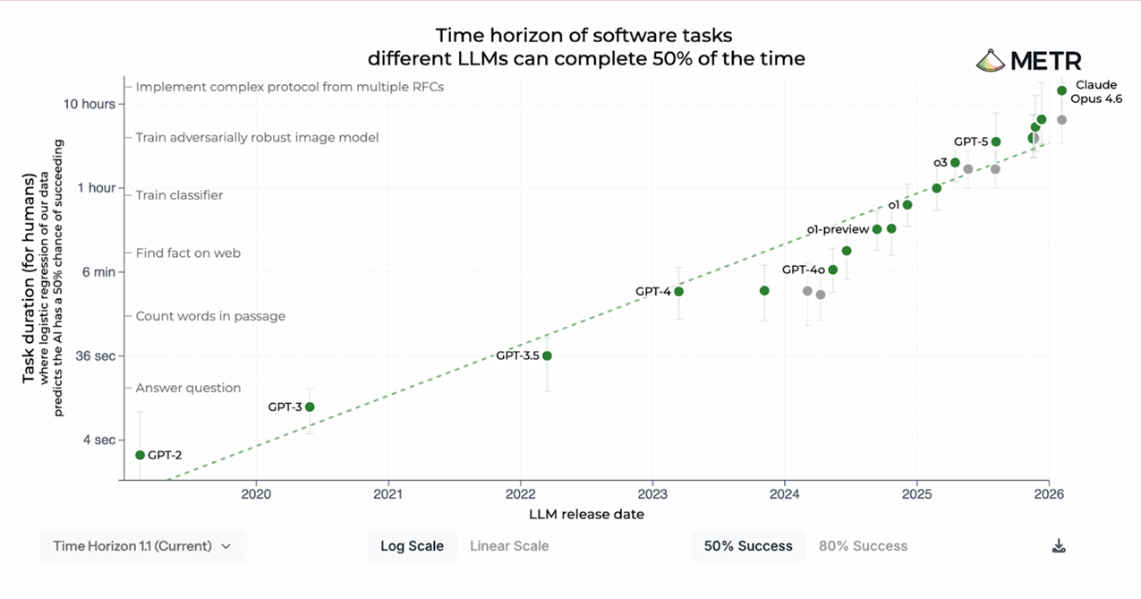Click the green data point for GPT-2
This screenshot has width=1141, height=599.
tap(140, 455)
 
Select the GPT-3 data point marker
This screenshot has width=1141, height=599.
tap(310, 406)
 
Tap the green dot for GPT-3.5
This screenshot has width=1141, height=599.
tap(547, 355)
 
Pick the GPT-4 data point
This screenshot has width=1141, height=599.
tap(678, 292)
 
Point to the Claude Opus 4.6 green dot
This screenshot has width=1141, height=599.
tap(1061, 90)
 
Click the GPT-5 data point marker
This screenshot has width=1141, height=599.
tap(996, 141)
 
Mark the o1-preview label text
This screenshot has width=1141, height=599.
tap(838, 229)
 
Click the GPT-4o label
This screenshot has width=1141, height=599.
tap(804, 270)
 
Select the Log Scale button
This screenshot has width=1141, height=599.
tap(412, 546)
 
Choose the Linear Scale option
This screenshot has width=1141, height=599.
tap(509, 546)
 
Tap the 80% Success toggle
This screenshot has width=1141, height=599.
tap(863, 546)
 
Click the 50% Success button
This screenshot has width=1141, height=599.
tap(748, 546)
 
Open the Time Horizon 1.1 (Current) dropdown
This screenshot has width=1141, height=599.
tap(142, 546)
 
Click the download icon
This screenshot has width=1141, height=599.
tap(1059, 546)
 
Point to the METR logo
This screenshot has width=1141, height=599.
tap(1029, 61)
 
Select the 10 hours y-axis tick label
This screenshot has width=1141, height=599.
tap(89, 104)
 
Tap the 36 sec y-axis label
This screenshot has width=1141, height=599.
tap(95, 355)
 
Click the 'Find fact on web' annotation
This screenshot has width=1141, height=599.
tap(188, 252)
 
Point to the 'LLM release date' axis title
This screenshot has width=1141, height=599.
tap(586, 514)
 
